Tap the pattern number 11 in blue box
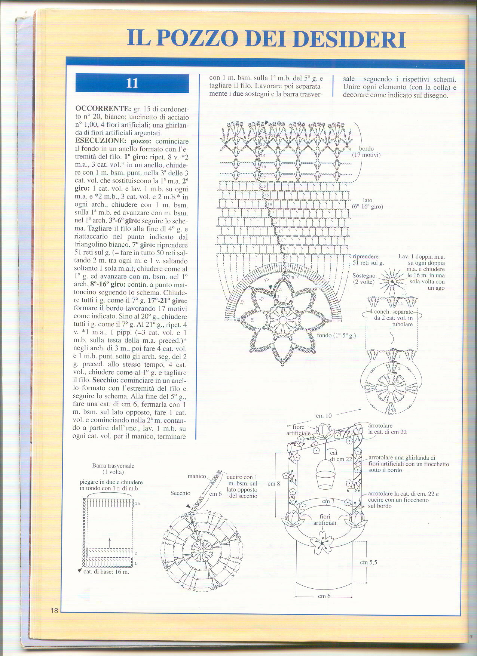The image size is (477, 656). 132,83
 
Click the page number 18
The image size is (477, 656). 54,611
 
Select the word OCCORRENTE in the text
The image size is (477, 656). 103,109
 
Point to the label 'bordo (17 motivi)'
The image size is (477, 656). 366,151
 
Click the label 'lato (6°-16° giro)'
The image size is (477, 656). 367,203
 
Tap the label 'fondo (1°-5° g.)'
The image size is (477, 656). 336,335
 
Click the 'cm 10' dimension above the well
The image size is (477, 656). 324,416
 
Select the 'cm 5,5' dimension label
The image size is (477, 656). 369,562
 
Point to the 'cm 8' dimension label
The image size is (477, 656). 274,484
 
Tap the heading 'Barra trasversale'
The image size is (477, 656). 113,466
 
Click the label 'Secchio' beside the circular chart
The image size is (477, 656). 180,493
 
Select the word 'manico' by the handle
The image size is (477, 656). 197,476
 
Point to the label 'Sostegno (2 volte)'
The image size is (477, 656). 364,278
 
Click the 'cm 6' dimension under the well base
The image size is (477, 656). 324,596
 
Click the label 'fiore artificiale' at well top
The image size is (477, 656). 298,430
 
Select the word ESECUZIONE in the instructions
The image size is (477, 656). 101,141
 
